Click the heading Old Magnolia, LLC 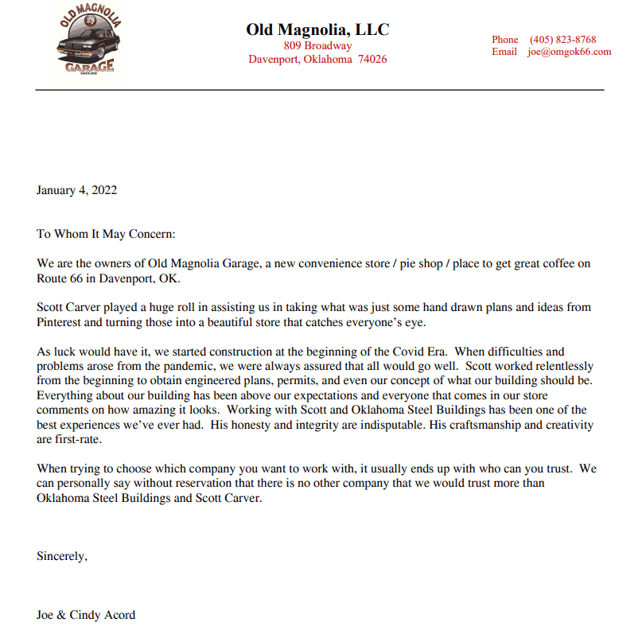tap(317, 30)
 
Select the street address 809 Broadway tap(317, 45)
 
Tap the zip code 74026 tap(372, 60)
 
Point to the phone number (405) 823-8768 tap(562, 40)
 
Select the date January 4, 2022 tap(77, 190)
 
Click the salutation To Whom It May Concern tap(106, 235)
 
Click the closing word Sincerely tap(61, 556)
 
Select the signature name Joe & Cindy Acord tap(86, 614)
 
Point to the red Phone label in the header tap(504, 40)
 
